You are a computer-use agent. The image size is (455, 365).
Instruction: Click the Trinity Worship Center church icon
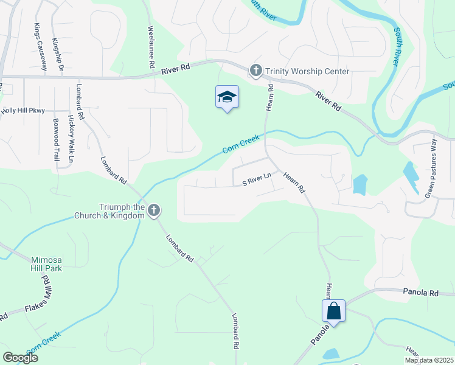coord(256,71)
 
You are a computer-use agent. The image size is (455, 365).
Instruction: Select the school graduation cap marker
coord(227,97)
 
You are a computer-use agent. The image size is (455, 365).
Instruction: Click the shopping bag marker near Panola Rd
coord(334,311)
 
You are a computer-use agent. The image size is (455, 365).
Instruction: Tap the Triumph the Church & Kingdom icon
coord(154,211)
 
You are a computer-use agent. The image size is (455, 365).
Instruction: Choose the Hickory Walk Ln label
coord(71,139)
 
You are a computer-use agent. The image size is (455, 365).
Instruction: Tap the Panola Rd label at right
coord(421,293)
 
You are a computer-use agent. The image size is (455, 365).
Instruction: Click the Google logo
coord(20,358)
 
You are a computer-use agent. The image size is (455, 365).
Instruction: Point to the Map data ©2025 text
coord(428,360)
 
